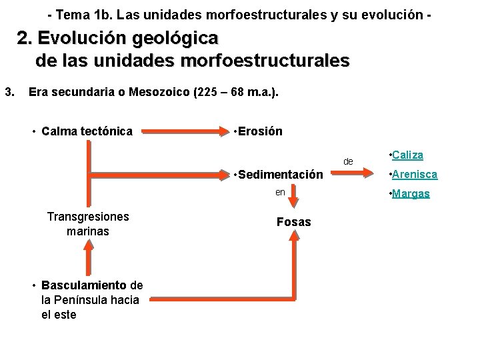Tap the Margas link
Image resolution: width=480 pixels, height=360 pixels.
(412, 194)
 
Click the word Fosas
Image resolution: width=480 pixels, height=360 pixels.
(293, 222)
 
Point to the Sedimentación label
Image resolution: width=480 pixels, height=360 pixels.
(279, 175)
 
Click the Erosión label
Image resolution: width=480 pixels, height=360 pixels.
(258, 131)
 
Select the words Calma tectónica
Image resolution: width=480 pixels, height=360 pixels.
(87, 131)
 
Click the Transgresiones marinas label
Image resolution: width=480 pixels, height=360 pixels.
(88, 224)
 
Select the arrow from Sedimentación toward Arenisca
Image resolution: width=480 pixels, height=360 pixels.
(353, 175)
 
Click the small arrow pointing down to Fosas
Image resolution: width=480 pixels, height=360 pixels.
(293, 198)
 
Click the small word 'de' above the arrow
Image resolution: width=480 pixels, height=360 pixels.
(348, 161)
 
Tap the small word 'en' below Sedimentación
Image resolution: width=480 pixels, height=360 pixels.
(281, 193)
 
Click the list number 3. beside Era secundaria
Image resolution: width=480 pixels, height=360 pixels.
(9, 92)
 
